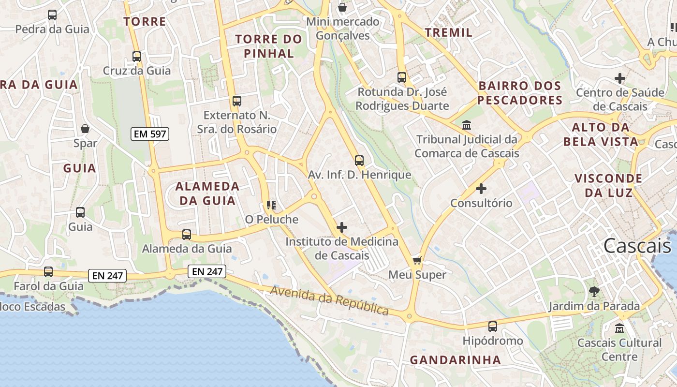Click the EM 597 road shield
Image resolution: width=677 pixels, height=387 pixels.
point(150,134)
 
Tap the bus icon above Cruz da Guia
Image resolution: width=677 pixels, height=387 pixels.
point(137,57)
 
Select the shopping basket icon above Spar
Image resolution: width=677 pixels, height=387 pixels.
point(85,129)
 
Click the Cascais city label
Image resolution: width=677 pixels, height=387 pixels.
point(637,246)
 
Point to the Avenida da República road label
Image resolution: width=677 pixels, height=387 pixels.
point(329,300)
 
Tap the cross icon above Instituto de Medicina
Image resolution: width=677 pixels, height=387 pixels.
point(342,227)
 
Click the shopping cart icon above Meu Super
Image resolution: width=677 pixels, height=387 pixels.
point(417,261)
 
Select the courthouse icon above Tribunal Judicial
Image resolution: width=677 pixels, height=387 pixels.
point(467,125)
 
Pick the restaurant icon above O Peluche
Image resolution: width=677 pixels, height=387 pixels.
point(271,205)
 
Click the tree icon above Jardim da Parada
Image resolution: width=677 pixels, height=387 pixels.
point(594,291)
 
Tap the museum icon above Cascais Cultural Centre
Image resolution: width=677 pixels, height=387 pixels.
point(619,328)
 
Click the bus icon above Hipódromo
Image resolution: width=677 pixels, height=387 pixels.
point(493,327)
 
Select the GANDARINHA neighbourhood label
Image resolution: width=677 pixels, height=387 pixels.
point(455,360)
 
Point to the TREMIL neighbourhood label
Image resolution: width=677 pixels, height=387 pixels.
point(448,32)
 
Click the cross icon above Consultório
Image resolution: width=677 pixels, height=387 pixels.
point(481,188)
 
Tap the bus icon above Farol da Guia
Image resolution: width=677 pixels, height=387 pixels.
point(48,272)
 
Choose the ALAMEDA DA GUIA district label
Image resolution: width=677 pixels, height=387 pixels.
point(207,193)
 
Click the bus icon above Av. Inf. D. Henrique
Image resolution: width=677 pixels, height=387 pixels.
point(359,161)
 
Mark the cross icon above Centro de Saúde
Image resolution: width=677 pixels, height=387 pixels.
point(619,78)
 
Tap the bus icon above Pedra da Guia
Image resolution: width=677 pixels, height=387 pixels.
point(52,15)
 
